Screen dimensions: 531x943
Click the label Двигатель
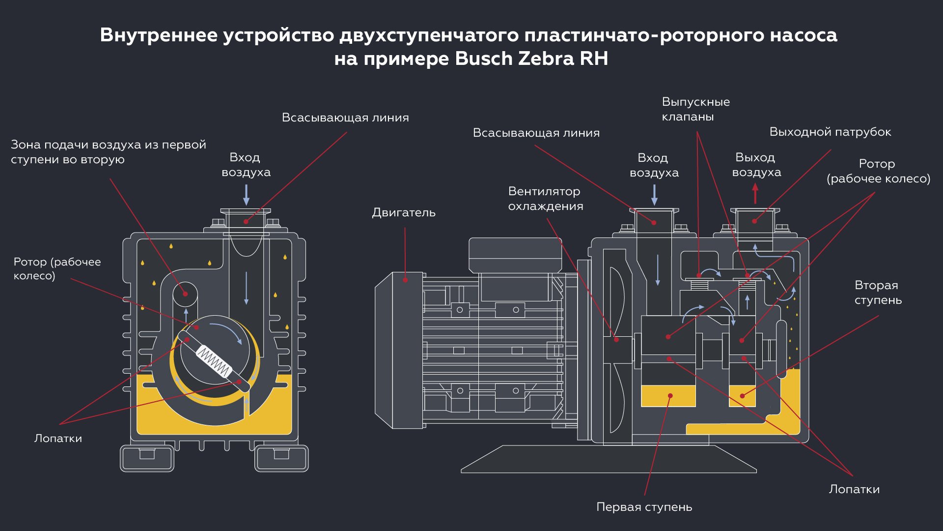tap(404, 212)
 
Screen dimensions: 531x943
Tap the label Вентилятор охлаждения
tap(545, 199)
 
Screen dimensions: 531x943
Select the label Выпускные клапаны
tap(695, 109)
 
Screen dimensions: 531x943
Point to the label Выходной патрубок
tap(830, 132)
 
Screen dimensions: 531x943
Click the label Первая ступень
tap(644, 507)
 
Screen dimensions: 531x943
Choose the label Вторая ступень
tap(878, 293)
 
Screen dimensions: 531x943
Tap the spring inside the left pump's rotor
tap(214, 362)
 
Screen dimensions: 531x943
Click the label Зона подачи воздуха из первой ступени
tap(108, 152)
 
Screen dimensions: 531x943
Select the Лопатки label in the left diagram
tap(58, 439)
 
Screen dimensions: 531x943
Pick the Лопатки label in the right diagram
tap(854, 489)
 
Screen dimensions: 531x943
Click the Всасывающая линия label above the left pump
tap(345, 118)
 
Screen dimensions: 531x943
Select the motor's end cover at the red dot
tap(405, 280)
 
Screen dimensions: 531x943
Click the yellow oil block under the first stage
tap(668, 396)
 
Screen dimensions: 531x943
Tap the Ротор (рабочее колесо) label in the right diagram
tap(878, 171)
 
